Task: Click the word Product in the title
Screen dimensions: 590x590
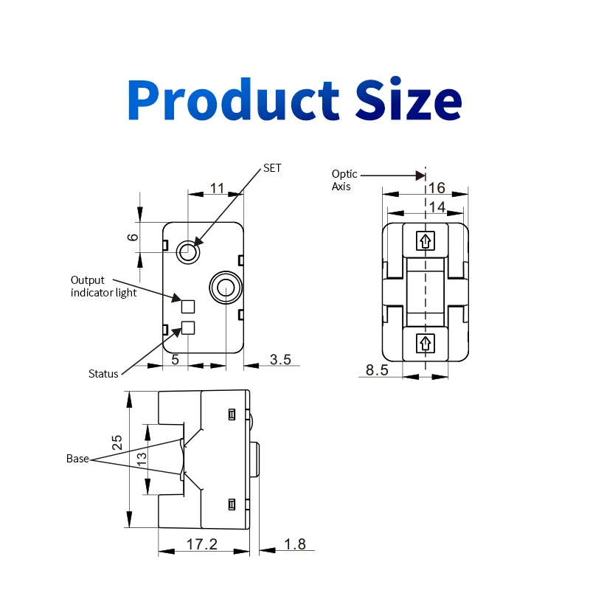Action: [233, 100]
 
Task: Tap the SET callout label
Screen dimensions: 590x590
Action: [272, 168]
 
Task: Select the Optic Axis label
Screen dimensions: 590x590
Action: [344, 180]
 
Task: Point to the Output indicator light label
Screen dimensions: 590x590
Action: [103, 286]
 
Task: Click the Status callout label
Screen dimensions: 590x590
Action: [103, 373]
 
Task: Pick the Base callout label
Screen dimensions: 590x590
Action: [77, 458]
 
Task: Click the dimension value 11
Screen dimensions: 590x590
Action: [217, 188]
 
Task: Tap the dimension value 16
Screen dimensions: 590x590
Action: [437, 187]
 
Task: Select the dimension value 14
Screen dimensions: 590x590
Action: [437, 207]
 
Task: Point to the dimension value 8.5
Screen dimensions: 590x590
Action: [377, 370]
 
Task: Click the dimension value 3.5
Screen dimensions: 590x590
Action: [280, 360]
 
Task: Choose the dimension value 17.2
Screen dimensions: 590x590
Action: [202, 544]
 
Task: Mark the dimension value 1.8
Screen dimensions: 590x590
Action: [294, 544]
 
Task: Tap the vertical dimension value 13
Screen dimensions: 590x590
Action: [142, 457]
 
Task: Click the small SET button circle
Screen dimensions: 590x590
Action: [187, 252]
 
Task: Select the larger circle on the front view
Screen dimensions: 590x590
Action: [224, 287]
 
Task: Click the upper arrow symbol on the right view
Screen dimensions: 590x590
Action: [426, 240]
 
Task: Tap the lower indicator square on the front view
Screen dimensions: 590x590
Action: [188, 328]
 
